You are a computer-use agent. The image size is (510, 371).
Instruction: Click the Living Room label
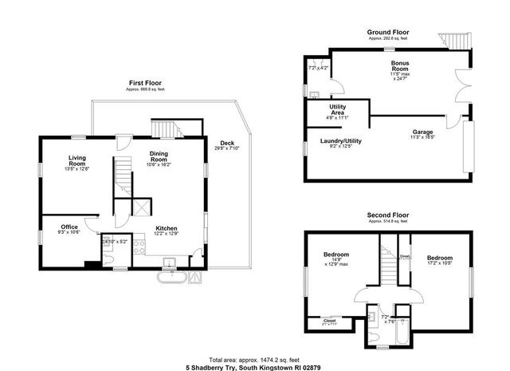point(77,158)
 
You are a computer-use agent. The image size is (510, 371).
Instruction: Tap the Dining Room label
point(164,158)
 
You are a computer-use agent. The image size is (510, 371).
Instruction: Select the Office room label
point(69,227)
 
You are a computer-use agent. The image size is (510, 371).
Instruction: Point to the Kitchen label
point(166,227)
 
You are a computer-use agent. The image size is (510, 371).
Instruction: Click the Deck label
point(227,144)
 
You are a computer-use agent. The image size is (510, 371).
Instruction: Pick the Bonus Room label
point(400,67)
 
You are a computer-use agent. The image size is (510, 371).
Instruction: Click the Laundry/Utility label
point(340,141)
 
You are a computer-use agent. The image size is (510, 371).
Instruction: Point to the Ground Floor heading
point(387,33)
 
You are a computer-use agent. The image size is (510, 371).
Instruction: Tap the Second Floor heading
point(387,215)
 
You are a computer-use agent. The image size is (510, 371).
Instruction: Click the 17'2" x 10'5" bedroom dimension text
point(439,263)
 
